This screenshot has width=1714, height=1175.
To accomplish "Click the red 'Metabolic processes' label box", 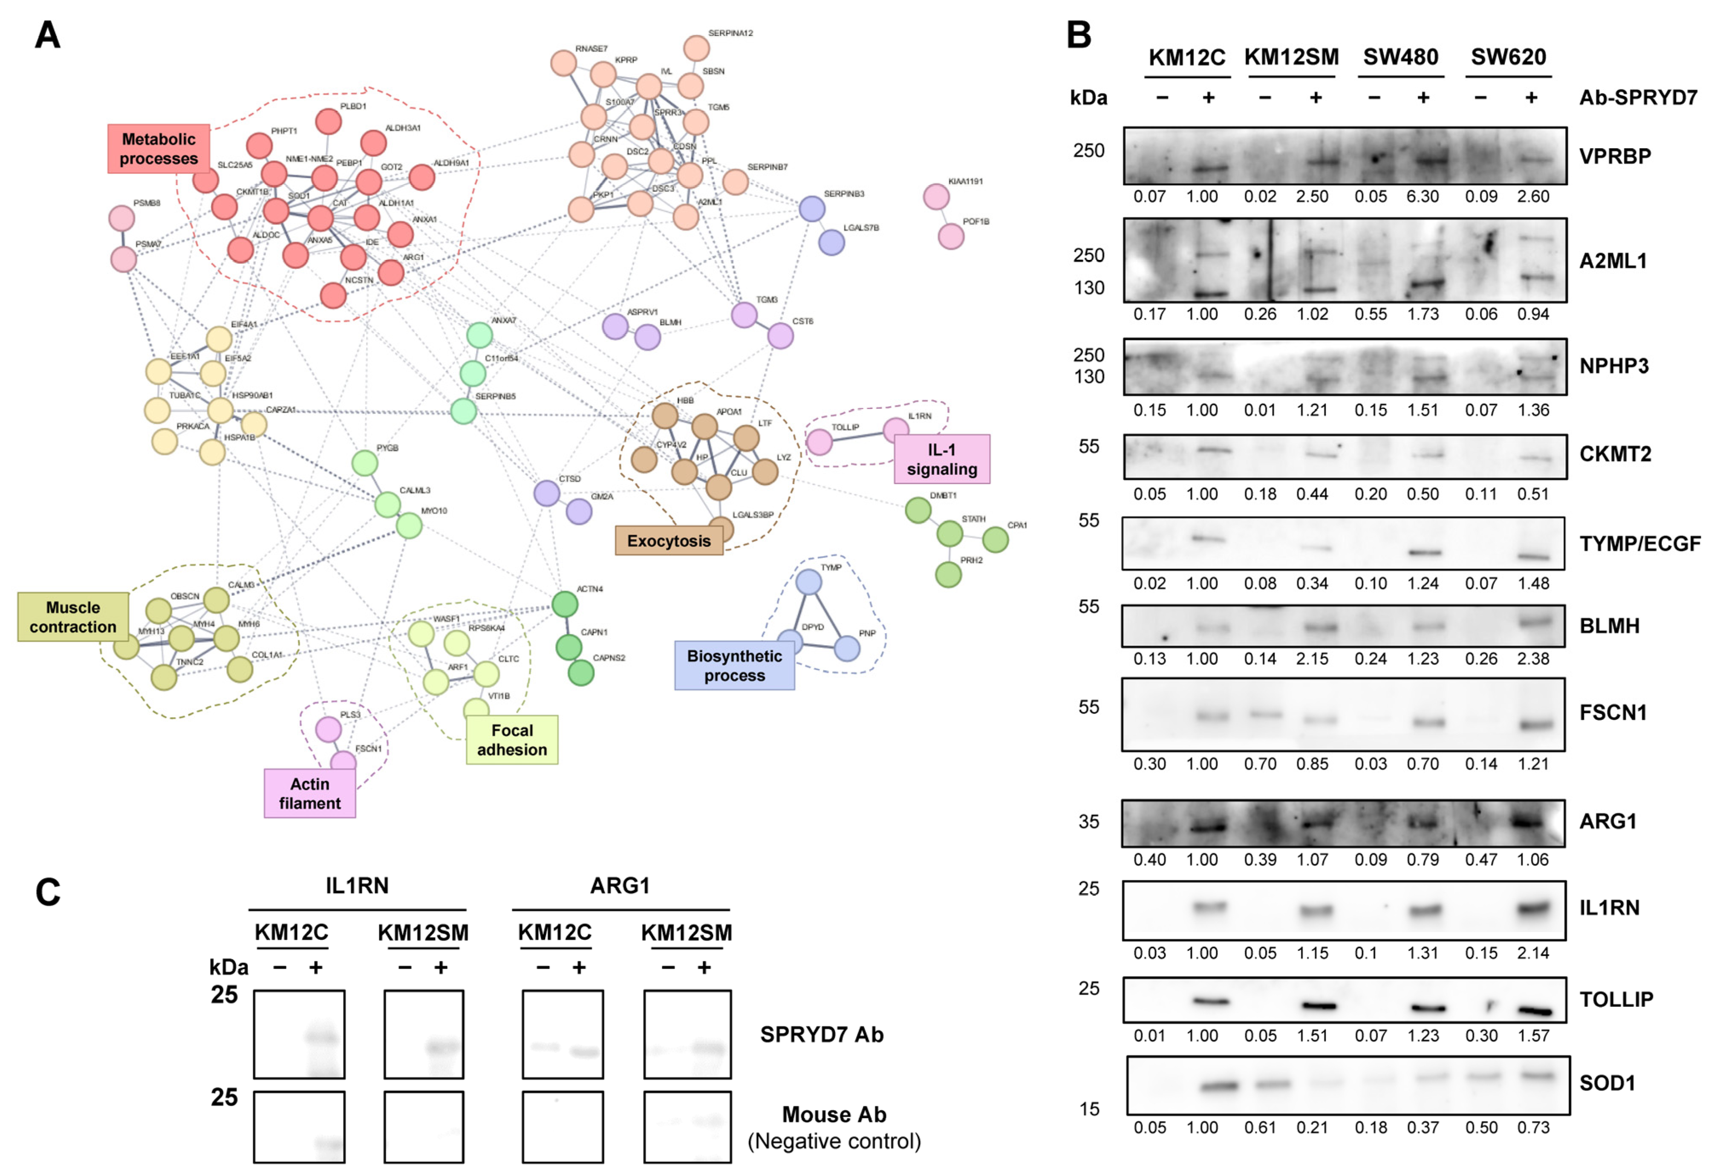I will pyautogui.click(x=159, y=149).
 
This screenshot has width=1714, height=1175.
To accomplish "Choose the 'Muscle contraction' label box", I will pyautogui.click(x=73, y=617).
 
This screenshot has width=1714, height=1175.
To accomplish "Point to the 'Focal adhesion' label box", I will pyautogui.click(x=512, y=740).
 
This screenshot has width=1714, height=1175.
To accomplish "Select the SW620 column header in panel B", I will pyautogui.click(x=1508, y=57).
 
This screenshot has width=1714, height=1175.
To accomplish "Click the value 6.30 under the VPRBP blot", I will pyautogui.click(x=1422, y=196).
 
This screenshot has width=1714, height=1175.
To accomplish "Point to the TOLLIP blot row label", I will pyautogui.click(x=1616, y=999).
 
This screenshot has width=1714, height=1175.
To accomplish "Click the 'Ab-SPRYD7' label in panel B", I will pyautogui.click(x=1638, y=97).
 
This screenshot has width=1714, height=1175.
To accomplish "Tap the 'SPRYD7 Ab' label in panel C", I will pyautogui.click(x=822, y=1035).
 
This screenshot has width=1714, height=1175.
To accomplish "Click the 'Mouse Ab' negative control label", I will pyautogui.click(x=834, y=1114).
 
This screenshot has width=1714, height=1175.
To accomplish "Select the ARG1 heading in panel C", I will pyautogui.click(x=620, y=885).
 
